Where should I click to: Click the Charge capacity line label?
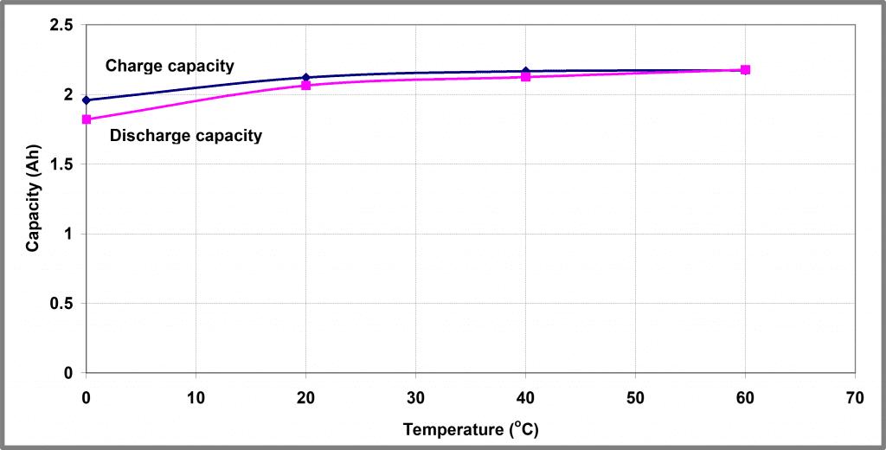click(x=170, y=66)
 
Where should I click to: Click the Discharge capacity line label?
click(x=186, y=135)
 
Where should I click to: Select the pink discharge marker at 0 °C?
click(x=87, y=119)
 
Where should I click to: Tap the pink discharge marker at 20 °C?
click(x=306, y=86)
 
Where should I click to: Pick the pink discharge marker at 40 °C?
click(x=525, y=77)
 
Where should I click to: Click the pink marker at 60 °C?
click(x=745, y=69)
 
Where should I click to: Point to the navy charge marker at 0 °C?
click(x=87, y=100)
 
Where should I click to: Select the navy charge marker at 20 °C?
click(x=306, y=78)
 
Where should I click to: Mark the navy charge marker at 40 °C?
click(x=525, y=71)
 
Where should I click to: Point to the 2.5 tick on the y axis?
click(x=61, y=25)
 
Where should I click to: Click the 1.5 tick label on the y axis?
click(x=61, y=164)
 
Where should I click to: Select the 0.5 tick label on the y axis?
click(x=61, y=304)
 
